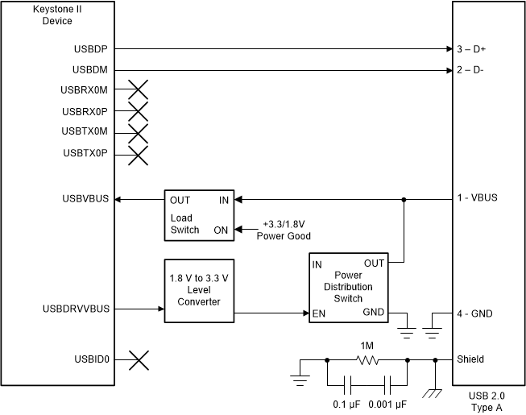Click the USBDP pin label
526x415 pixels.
click(x=89, y=49)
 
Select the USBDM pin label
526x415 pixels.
click(x=89, y=70)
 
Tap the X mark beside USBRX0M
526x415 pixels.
click(x=139, y=90)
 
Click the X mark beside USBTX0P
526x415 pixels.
click(x=139, y=154)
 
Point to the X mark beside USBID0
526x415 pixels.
click(x=139, y=360)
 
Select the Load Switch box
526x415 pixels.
click(x=198, y=214)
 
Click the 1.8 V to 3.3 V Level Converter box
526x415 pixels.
click(x=198, y=291)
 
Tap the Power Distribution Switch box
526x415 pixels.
click(x=349, y=288)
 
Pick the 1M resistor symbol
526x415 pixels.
click(x=367, y=360)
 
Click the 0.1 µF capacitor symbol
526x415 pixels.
click(x=346, y=384)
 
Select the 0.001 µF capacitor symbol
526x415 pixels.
click(x=387, y=384)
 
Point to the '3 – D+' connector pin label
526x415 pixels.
click(x=471, y=49)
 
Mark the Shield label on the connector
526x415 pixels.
click(x=470, y=360)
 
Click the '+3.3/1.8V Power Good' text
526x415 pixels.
click(x=283, y=230)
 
